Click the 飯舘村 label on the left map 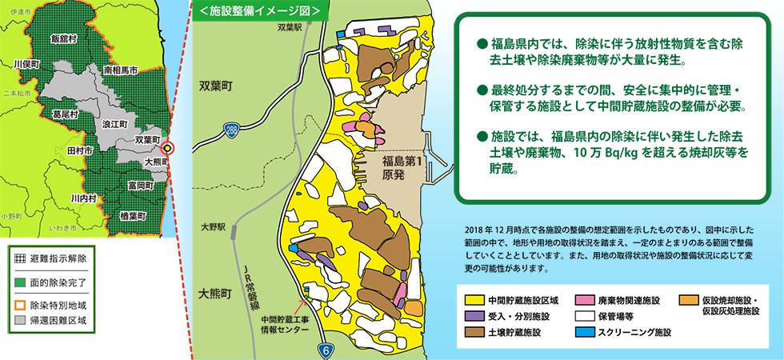(62, 38)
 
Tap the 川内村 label (83, 198)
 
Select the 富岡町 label (140, 186)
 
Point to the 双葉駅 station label (288, 27)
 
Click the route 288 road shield (231, 128)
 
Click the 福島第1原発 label (401, 168)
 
